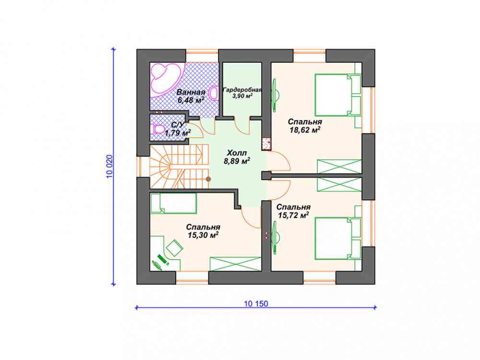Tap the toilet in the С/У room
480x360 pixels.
[157, 129]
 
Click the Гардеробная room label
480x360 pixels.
[242, 90]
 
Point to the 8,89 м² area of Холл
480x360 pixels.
[237, 161]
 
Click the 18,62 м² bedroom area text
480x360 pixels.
[305, 130]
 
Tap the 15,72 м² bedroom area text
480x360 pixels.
[293, 215]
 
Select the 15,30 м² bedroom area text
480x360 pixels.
[203, 235]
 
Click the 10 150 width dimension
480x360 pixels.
[256, 304]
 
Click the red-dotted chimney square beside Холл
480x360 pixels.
[266, 144]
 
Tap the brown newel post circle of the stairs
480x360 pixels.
[208, 179]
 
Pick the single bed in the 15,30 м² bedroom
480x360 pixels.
[173, 203]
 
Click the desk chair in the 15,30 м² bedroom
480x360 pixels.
[174, 248]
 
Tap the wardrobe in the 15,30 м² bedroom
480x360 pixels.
[235, 264]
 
